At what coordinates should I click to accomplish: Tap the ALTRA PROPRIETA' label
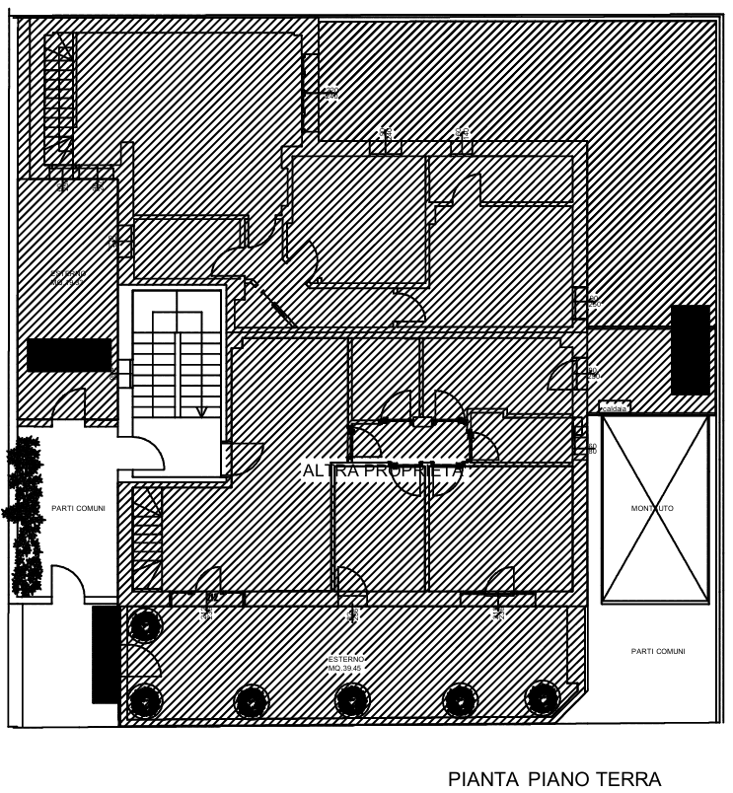pos(383,471)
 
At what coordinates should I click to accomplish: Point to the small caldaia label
pos(615,407)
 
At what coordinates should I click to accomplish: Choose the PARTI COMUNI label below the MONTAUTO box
pos(657,651)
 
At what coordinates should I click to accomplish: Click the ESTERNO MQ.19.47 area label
pos(69,277)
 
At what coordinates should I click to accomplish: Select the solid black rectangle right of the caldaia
pos(691,349)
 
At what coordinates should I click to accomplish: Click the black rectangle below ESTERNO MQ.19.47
pos(69,355)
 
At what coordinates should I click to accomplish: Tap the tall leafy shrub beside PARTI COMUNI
pos(25,518)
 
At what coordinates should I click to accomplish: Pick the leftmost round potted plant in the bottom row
pos(146,624)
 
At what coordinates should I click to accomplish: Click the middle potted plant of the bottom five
pos(350,699)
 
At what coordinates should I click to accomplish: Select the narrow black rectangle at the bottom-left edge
pos(105,654)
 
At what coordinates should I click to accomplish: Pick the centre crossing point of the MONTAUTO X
pos(655,508)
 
